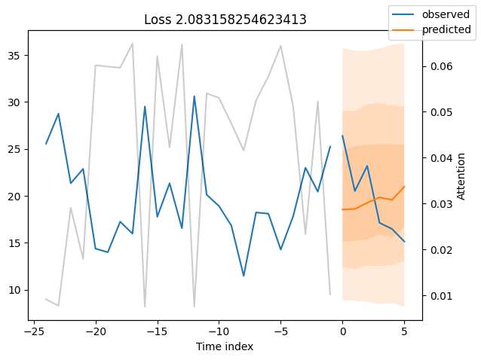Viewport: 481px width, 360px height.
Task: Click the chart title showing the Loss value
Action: pos(225,20)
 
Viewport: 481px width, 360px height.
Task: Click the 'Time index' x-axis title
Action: pos(225,346)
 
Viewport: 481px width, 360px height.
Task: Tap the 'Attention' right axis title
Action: pos(462,176)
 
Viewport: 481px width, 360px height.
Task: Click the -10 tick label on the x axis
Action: pos(219,331)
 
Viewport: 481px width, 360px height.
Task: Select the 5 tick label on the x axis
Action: pos(404,331)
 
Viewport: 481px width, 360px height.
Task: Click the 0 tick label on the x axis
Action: pos(342,331)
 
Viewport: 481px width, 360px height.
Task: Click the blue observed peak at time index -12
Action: pos(195,96)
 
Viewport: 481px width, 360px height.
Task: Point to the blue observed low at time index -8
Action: pos(244,276)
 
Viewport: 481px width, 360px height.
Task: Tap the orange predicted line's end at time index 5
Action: pos(404,187)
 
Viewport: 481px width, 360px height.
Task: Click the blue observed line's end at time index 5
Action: pos(404,241)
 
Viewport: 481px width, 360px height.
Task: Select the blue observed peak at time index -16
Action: pos(145,107)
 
